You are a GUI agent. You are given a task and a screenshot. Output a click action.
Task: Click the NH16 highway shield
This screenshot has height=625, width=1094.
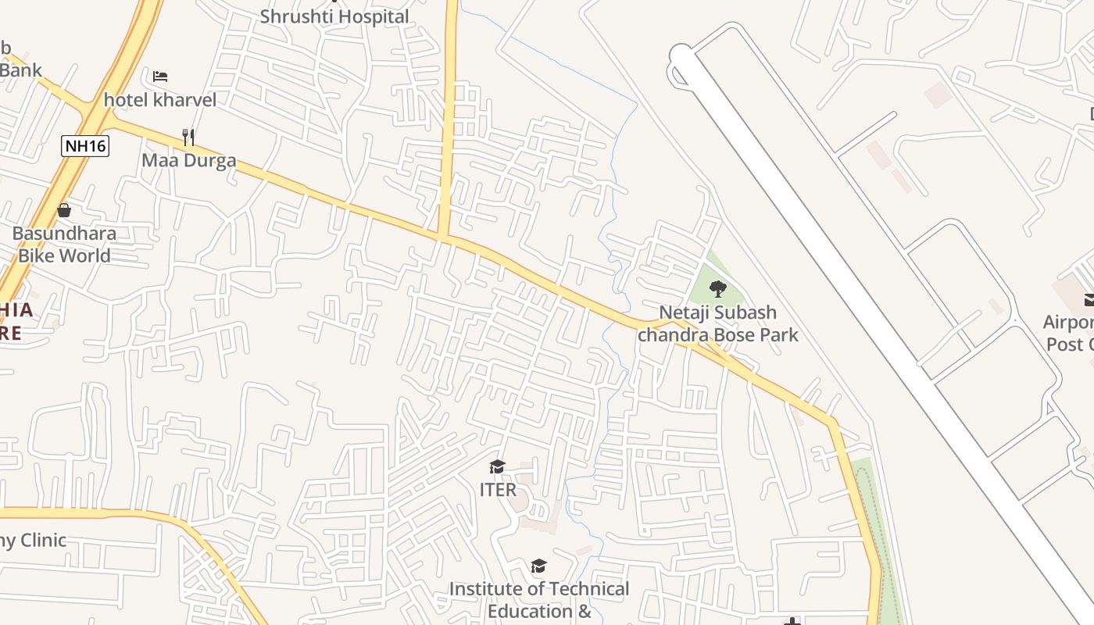[x=85, y=145]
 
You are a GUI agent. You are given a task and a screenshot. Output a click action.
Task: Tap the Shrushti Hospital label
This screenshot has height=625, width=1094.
[x=334, y=16]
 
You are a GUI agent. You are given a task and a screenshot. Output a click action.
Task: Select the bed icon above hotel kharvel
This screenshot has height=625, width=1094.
[x=160, y=77]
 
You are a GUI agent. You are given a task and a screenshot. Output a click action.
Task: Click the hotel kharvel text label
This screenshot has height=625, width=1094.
[x=160, y=100]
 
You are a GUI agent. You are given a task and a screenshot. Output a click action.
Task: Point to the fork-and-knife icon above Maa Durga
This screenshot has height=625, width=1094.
[x=188, y=137]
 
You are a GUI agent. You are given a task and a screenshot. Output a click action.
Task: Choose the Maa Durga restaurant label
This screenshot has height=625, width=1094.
[x=188, y=161]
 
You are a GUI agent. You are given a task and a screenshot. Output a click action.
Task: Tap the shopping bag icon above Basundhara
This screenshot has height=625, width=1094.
[x=64, y=210]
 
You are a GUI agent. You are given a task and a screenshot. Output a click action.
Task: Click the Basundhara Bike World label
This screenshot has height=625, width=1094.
[x=64, y=244]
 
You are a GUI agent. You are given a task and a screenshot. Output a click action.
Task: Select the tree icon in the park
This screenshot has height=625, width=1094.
[x=717, y=288]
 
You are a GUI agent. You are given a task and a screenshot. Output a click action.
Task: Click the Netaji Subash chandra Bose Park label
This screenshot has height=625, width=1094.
[x=718, y=323]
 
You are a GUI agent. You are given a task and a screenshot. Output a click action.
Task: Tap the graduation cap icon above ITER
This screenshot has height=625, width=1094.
[x=497, y=467]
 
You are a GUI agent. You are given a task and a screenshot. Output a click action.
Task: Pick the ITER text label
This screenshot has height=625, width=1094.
[x=498, y=490]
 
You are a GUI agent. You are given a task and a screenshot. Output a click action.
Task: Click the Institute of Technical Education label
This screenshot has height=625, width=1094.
[x=539, y=599]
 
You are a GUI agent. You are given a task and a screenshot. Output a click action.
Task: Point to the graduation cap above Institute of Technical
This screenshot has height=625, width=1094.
[x=538, y=566]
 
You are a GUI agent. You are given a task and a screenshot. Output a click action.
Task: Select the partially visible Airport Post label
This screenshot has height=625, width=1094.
[x=1069, y=333]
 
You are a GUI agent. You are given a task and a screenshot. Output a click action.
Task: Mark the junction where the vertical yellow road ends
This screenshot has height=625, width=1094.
[x=443, y=236]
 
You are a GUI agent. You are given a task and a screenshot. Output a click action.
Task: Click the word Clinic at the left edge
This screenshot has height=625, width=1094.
[x=43, y=540]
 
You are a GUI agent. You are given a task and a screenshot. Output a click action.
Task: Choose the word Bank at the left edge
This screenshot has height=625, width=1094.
[x=20, y=70]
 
